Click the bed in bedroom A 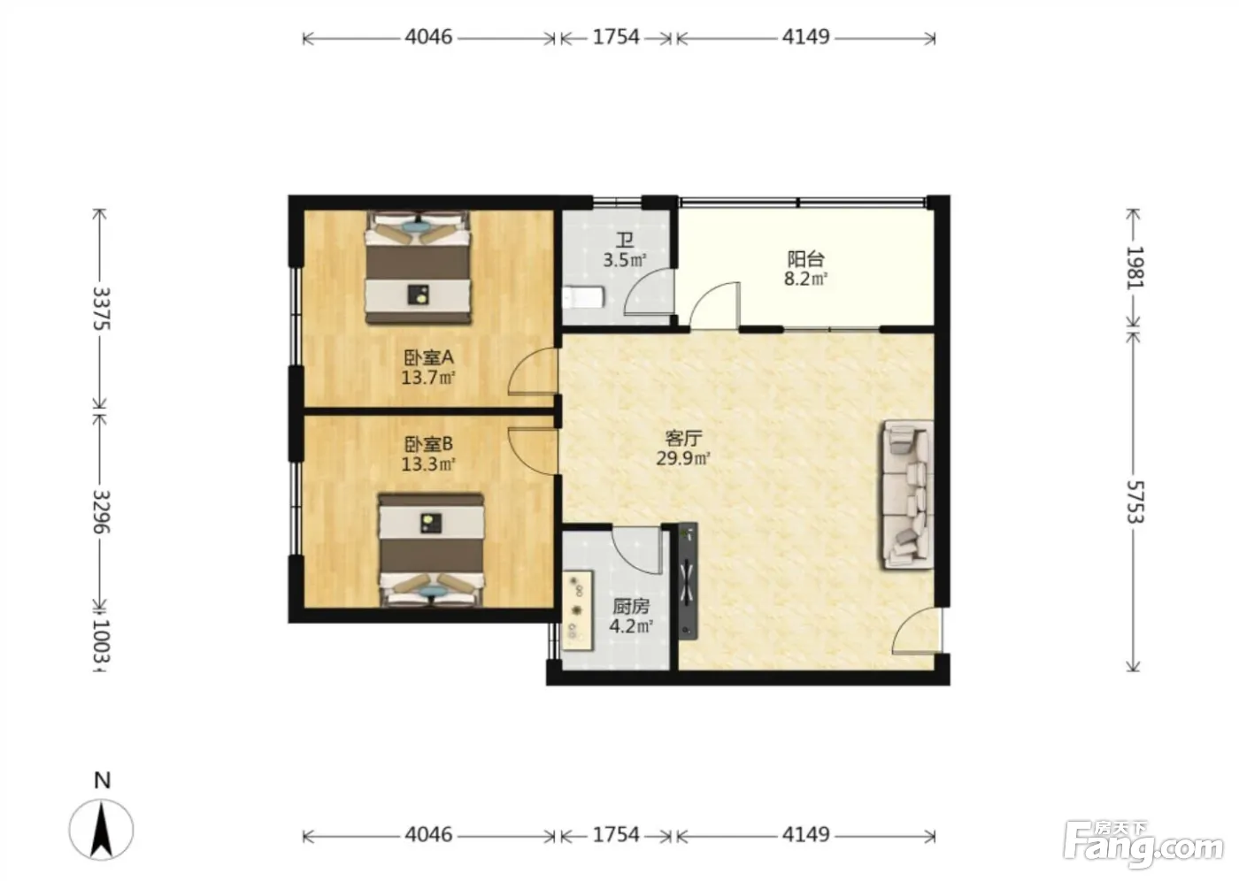[x=418, y=268]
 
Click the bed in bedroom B [x=432, y=550]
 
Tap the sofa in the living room [x=908, y=494]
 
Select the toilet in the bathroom [x=583, y=297]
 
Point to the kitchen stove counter [x=578, y=610]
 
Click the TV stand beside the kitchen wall [x=688, y=581]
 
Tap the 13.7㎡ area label [x=428, y=378]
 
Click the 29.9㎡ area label [x=683, y=458]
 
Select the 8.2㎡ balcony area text [x=805, y=279]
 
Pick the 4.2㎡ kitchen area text [x=631, y=626]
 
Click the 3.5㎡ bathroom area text [x=625, y=260]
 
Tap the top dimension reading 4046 [x=428, y=37]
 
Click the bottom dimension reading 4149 [x=806, y=835]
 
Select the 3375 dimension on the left [x=101, y=309]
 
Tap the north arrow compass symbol [x=101, y=830]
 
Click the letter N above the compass [x=103, y=780]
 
